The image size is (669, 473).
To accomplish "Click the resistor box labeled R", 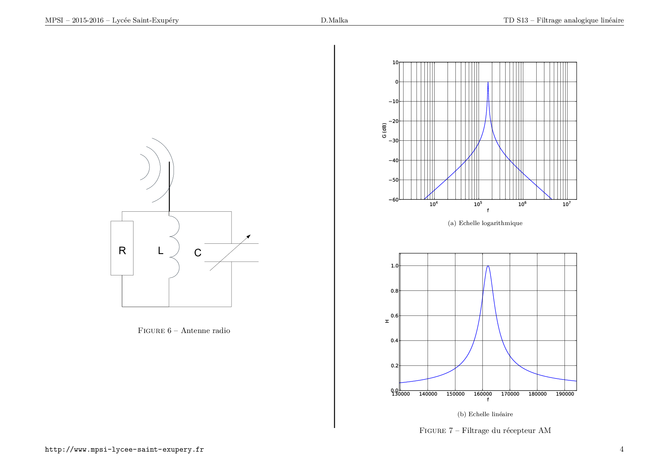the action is [x=122, y=248].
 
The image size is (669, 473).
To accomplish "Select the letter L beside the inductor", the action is [x=161, y=251].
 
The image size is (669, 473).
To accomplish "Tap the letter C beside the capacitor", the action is [x=198, y=253].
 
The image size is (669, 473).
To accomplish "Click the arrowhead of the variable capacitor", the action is [x=248, y=236].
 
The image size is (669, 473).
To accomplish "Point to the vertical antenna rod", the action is [x=169, y=187].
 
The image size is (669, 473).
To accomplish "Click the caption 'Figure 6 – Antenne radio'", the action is [x=184, y=330].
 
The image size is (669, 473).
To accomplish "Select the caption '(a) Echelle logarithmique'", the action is [x=485, y=223].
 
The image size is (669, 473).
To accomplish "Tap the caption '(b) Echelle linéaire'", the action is [x=485, y=414].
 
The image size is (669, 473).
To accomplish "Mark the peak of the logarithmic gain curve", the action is [x=488, y=82].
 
